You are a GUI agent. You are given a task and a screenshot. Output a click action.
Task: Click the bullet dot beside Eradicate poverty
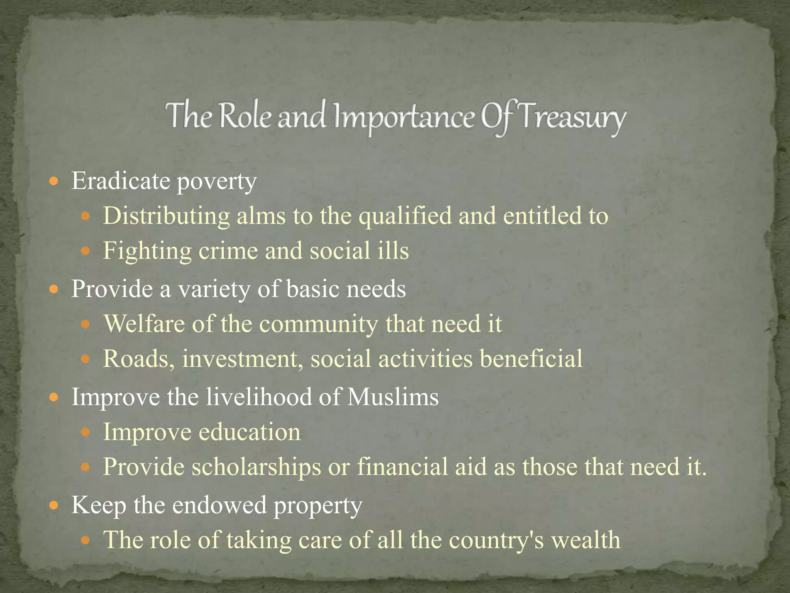click(54, 181)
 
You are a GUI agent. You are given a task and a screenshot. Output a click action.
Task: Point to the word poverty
click(216, 181)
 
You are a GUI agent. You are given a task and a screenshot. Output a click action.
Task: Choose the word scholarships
click(257, 467)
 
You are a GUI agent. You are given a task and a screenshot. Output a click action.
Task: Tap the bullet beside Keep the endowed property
click(54, 505)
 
